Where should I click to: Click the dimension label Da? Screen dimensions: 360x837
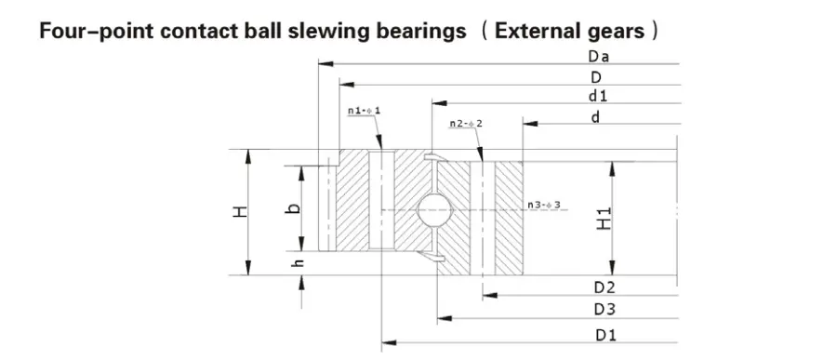click(597, 57)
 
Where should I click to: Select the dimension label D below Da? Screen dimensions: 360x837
click(596, 76)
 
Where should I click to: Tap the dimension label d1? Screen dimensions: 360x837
click(597, 96)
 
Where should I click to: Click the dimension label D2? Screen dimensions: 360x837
click(604, 287)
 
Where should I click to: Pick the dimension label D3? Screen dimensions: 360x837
click(604, 309)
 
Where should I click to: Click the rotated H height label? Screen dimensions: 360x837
click(241, 212)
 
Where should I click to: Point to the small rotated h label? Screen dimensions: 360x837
click(299, 265)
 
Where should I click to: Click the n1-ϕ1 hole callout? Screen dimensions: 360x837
click(365, 111)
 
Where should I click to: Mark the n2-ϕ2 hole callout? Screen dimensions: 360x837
click(465, 124)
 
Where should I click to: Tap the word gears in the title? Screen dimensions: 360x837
click(619, 32)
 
